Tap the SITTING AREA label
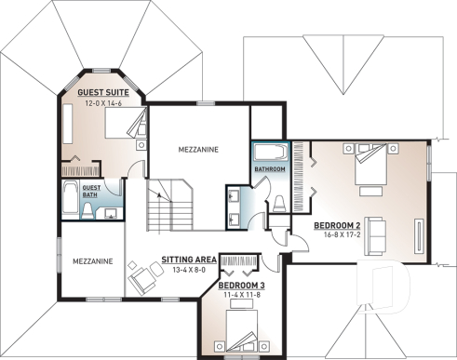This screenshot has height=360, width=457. tap(189, 260)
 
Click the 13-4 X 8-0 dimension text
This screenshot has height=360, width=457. tap(189, 270)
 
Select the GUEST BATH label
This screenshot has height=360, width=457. tap(91, 190)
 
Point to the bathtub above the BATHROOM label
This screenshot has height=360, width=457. tap(270, 153)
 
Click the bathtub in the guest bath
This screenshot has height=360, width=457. tap(71, 197)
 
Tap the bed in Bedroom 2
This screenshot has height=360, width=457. tap(370, 167)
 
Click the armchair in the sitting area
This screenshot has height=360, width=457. tap(143, 276)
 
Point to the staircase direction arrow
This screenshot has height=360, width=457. tap(159, 196)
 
